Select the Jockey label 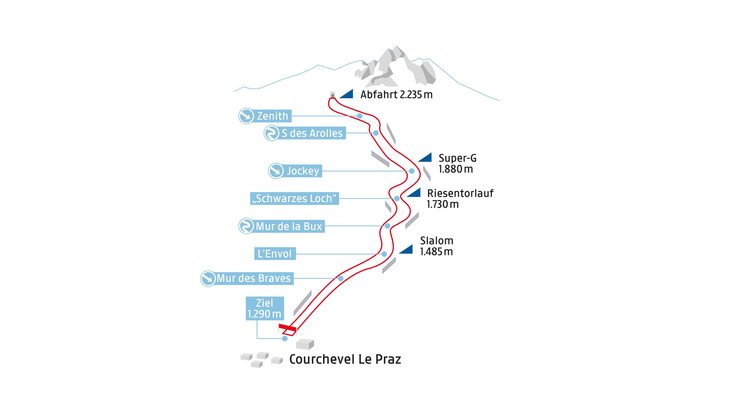tap(302, 171)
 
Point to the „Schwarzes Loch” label tap(294, 198)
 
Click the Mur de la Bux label tap(289, 226)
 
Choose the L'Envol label tap(275, 254)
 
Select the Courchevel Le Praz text tap(345, 359)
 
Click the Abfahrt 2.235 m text tap(396, 95)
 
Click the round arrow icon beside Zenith tap(246, 116)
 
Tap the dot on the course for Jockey tap(412, 171)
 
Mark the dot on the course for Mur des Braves tap(341, 278)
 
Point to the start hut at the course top tap(333, 95)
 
